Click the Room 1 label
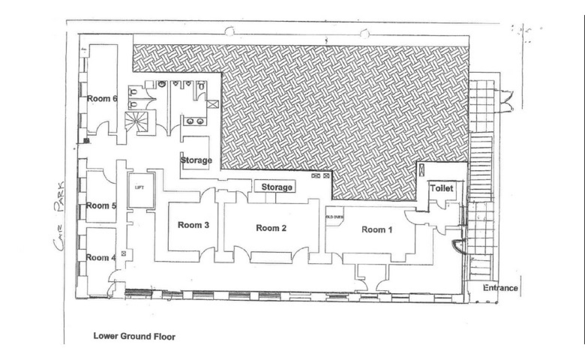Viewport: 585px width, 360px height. pos(377,230)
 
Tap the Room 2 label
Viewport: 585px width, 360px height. pos(271,228)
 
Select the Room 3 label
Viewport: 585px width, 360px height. pos(193,225)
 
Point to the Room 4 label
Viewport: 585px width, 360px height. pos(101,258)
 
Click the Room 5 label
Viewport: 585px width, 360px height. pos(101,206)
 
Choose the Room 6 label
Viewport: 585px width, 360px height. pos(102,99)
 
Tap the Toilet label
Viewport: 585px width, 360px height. pos(442,188)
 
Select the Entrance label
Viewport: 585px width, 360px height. pos(500,288)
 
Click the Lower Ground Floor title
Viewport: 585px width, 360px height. pos(134,336)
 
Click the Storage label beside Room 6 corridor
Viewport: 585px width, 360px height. pos(196,160)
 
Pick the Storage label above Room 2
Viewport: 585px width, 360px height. pos(277,187)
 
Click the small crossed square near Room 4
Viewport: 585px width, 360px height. pos(124,254)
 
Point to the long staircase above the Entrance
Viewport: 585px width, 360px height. pos(481,167)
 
